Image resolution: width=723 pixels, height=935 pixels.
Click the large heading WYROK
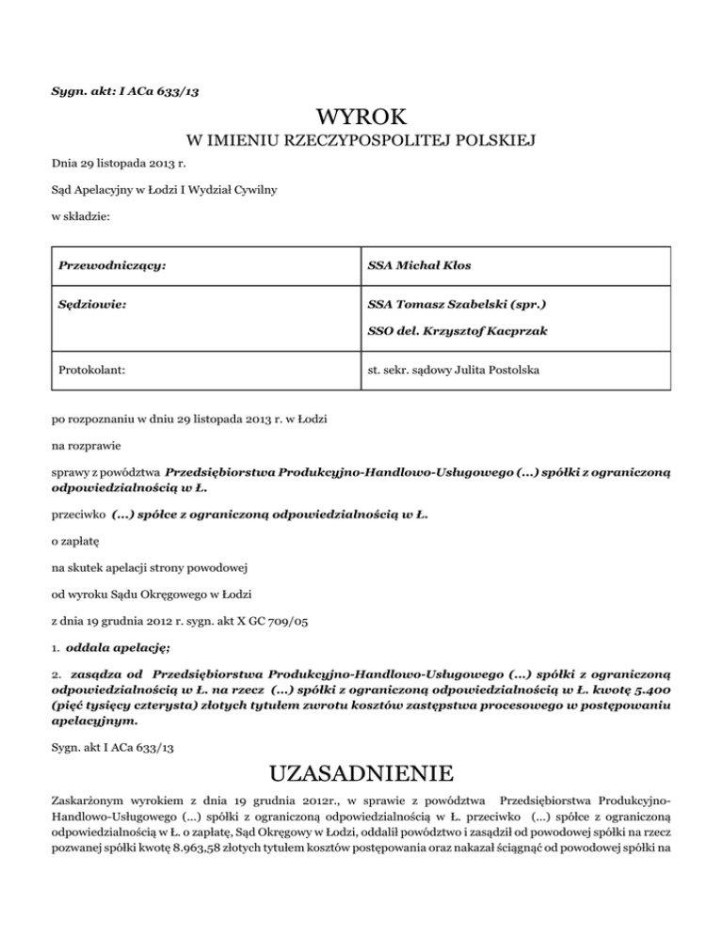pos(361,118)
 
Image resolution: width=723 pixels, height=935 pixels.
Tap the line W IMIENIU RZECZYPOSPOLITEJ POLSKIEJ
pos(361,142)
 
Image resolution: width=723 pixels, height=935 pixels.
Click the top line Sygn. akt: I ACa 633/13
pos(124,90)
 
